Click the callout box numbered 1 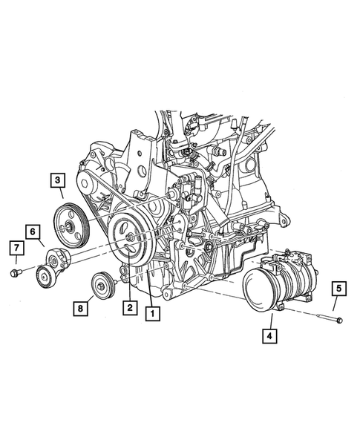click(152, 313)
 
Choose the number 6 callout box click(34, 231)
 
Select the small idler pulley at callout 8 click(101, 285)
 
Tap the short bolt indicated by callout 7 click(16, 275)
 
